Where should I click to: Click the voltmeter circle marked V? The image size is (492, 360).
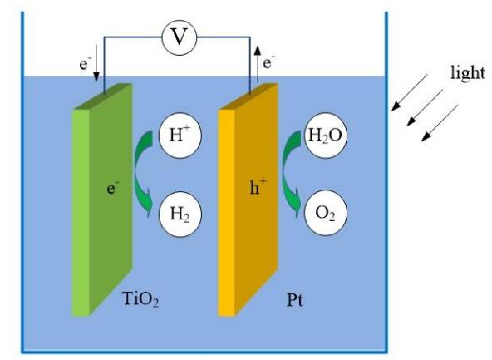(x=180, y=37)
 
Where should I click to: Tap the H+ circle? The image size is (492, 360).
(x=180, y=135)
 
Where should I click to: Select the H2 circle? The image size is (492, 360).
(x=180, y=215)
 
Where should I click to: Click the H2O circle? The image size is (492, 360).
(x=326, y=135)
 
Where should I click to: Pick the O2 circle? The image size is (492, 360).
(x=326, y=213)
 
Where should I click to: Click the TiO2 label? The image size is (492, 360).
(x=140, y=298)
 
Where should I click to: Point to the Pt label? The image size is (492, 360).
(x=295, y=300)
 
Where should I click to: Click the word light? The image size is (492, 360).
(x=468, y=73)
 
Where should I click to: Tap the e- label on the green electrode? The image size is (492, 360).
(x=113, y=189)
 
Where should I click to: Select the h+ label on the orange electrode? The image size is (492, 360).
(x=258, y=187)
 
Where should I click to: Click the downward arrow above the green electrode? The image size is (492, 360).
(x=96, y=63)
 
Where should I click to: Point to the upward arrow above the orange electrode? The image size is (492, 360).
(x=258, y=64)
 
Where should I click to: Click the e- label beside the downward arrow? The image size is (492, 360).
(x=85, y=64)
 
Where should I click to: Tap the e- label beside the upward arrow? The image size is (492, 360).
(x=269, y=62)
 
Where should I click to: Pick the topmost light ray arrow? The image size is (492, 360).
(x=410, y=92)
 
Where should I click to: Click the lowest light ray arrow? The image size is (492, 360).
(x=440, y=123)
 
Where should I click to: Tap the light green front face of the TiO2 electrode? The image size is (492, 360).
(x=81, y=213)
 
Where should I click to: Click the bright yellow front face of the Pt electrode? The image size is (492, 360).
(x=227, y=213)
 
